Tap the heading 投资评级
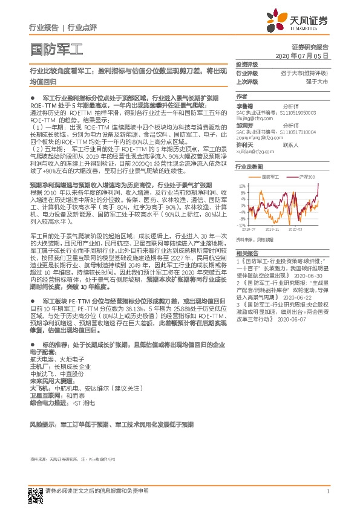tap(247, 64)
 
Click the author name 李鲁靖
tap(244, 105)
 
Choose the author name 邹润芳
tap(244, 125)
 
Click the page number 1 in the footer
tap(327, 491)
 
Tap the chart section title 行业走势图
tap(249, 166)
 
